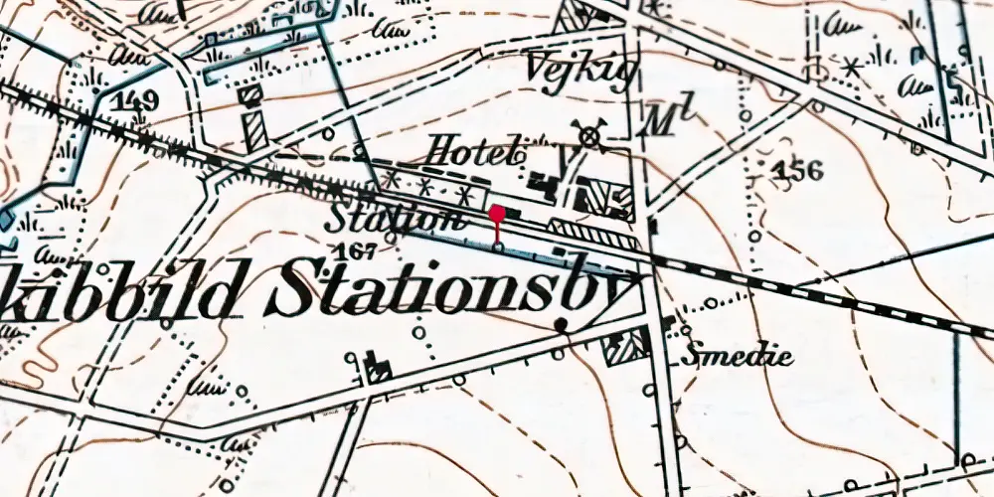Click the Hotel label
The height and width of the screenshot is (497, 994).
pyautogui.click(x=473, y=151)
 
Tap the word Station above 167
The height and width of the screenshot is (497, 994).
pyautogui.click(x=395, y=217)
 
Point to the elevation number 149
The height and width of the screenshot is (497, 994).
pyautogui.click(x=136, y=100)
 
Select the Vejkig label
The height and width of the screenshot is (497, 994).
pyautogui.click(x=575, y=71)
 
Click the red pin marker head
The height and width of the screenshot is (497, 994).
pyautogui.click(x=497, y=212)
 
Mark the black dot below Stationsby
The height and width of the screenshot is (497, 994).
pyautogui.click(x=562, y=324)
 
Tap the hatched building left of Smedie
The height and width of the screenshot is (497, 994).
pyautogui.click(x=626, y=346)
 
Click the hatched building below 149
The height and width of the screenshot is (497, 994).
pyautogui.click(x=256, y=129)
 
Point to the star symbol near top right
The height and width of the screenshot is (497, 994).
pyautogui.click(x=851, y=67)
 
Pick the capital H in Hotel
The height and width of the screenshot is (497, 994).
pyautogui.click(x=438, y=151)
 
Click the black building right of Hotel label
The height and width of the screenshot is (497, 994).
pyautogui.click(x=542, y=182)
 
